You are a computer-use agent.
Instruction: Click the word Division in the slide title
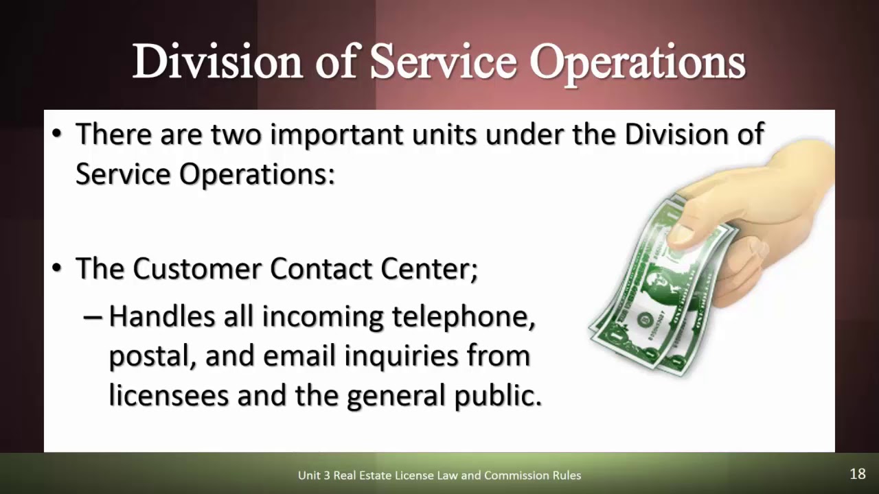(x=217, y=62)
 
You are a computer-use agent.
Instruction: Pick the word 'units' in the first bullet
(x=444, y=134)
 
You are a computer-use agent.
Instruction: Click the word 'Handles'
(x=161, y=316)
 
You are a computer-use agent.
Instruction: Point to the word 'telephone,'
(x=464, y=318)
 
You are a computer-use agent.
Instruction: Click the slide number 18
(x=857, y=474)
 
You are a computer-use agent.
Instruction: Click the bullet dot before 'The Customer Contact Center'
(x=57, y=269)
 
